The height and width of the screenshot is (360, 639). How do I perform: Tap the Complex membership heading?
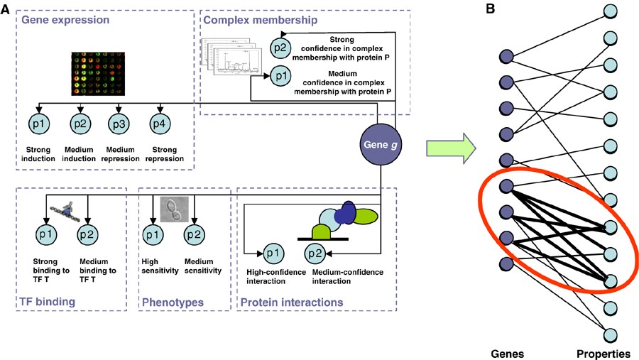point(251,19)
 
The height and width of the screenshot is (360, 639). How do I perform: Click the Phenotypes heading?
point(173,303)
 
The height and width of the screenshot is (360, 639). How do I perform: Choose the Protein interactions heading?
point(291,303)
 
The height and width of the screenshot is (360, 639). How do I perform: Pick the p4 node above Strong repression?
point(161,124)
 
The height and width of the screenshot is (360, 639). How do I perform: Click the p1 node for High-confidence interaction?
point(274,252)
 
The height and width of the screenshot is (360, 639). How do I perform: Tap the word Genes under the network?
point(507,352)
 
